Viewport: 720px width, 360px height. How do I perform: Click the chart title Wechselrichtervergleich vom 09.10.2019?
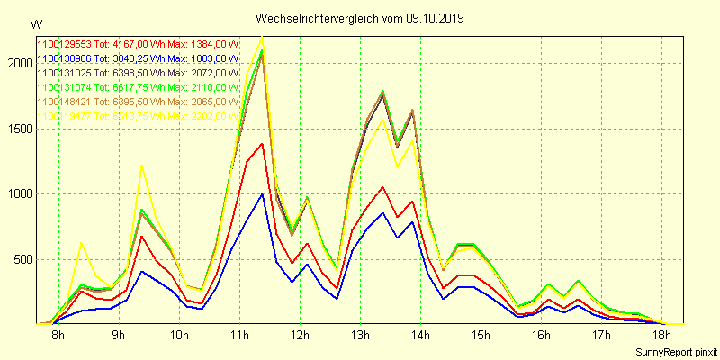[360, 18]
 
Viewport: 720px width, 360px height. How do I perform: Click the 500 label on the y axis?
[20, 260]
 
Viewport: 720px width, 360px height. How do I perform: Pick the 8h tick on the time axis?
[58, 336]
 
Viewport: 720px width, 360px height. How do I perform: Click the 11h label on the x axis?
[238, 336]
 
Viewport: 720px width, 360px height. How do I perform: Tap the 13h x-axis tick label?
[360, 336]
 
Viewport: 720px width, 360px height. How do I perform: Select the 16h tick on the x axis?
[541, 336]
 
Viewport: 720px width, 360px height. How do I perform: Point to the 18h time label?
[661, 336]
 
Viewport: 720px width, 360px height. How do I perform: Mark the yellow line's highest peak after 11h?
[262, 37]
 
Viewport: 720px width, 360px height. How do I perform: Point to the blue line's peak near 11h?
[262, 193]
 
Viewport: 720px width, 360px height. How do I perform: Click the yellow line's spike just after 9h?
[141, 166]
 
